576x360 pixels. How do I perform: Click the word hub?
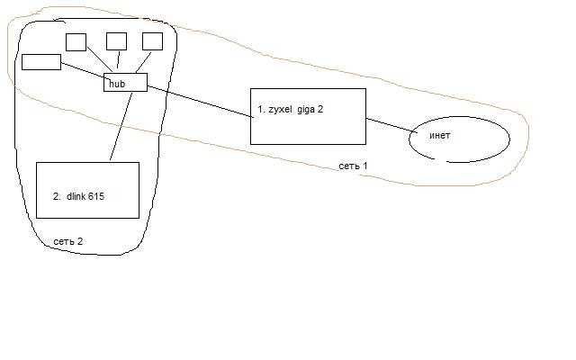pos(116,84)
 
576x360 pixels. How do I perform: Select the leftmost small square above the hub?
pos(76,42)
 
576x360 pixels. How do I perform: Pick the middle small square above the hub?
pos(116,40)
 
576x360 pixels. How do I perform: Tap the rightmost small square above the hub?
pos(152,40)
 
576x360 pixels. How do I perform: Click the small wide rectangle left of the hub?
pos(40,61)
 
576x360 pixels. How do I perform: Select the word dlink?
pos(78,196)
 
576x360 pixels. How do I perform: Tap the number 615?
pos(104,196)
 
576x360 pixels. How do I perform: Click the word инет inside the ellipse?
pos(440,136)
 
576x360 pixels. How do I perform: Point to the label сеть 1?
pos(353,166)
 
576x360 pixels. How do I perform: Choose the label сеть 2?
pos(67,241)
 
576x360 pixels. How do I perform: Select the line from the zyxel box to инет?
pos(389,126)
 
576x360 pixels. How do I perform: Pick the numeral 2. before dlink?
pos(57,196)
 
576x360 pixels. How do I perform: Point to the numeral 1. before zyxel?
pos(261,109)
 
